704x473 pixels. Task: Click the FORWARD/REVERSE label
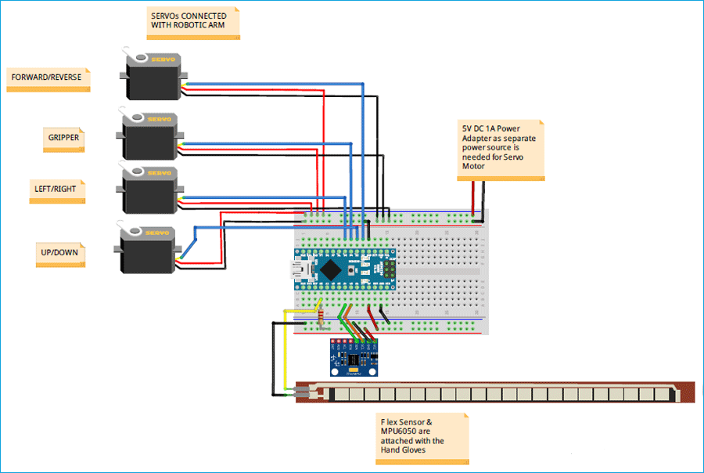coord(45,78)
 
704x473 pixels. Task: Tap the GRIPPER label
coord(63,137)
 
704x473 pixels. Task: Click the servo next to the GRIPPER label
coord(150,137)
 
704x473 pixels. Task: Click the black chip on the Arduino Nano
coord(332,269)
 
